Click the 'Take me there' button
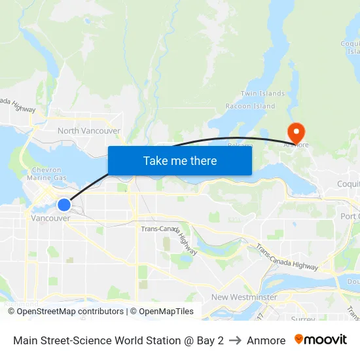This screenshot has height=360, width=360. tap(180, 160)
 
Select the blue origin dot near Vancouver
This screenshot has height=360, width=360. tap(63, 205)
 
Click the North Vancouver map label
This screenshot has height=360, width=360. tap(88, 131)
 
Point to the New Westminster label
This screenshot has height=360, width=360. tap(243, 297)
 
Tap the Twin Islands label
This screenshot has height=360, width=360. tap(262, 94)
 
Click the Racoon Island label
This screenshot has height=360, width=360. tap(250, 106)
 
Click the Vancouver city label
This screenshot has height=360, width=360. tap(50, 218)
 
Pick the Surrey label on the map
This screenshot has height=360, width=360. tap(302, 319)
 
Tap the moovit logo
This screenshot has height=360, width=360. tap(320, 340)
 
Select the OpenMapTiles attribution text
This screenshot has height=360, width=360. tap(162, 312)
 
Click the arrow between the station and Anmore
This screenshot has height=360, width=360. tap(235, 340)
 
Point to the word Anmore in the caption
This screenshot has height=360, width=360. tap(266, 340)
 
